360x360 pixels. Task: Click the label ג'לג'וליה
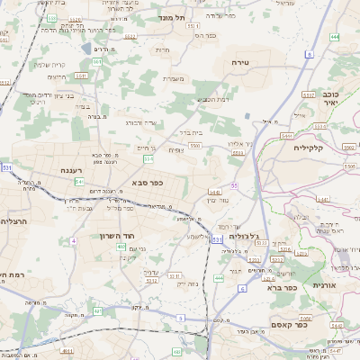[244, 236]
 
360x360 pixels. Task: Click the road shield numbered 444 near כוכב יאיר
[335, 37]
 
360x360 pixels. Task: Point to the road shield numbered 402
[121, 246]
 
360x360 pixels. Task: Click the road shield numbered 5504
[238, 154]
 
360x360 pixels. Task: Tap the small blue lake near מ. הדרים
[86, 48]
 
